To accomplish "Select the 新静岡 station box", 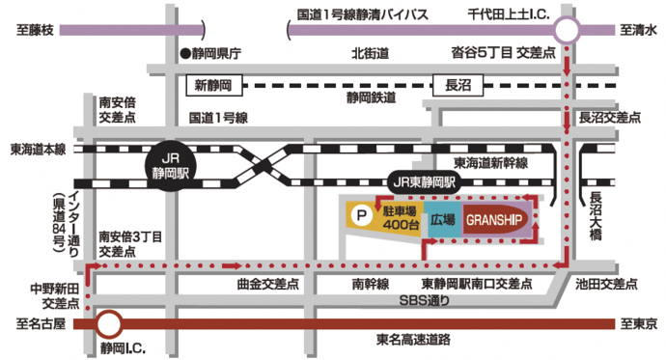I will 210,86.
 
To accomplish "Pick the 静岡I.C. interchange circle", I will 109,323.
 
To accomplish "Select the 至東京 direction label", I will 638,323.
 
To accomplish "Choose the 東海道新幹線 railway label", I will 497,163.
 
